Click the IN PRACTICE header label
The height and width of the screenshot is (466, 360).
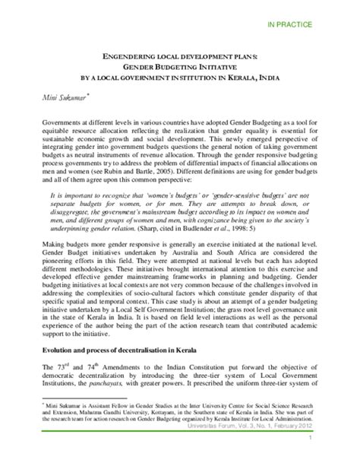coord(311,25)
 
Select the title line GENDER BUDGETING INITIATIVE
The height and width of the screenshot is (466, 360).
coord(182,66)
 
